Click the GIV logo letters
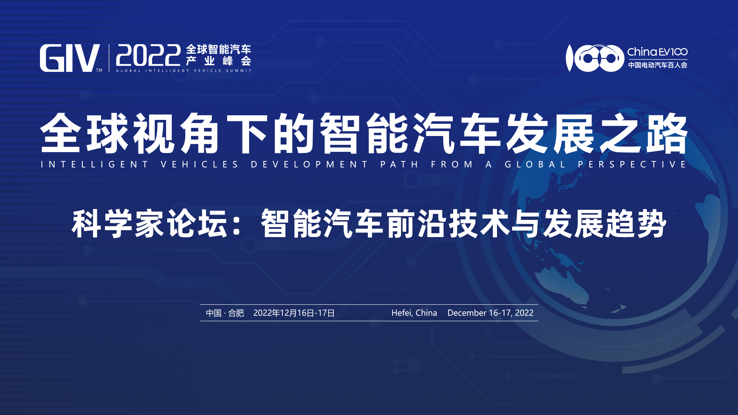(70, 58)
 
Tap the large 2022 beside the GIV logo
(148, 56)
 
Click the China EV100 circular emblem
(595, 58)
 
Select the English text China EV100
(657, 52)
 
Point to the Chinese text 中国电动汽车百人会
(658, 65)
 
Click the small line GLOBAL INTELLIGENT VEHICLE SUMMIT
(184, 71)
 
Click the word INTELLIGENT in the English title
(95, 164)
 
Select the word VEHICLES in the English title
(200, 164)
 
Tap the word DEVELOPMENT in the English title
(309, 164)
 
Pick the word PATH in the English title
(399, 164)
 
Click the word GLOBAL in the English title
(535, 164)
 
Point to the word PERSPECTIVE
(632, 164)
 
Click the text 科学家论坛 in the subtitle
(150, 224)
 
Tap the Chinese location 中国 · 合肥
(225, 313)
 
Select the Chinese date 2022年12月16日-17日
(294, 313)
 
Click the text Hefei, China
(414, 313)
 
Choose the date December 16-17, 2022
(490, 313)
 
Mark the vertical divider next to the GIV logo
(109, 58)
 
